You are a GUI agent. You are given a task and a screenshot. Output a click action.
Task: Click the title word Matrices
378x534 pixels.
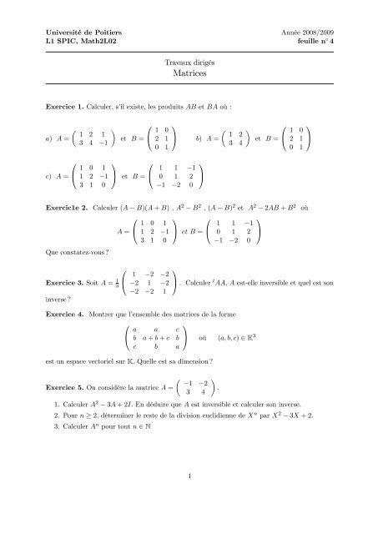pos(189,74)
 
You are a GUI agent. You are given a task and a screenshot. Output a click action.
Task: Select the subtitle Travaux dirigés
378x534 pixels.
pos(189,63)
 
